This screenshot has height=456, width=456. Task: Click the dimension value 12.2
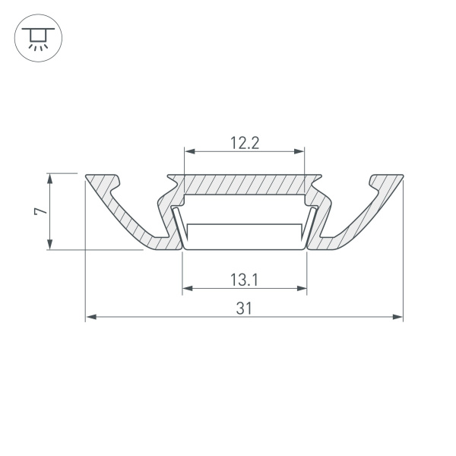coord(245,142)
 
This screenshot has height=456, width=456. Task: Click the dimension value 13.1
coord(245,279)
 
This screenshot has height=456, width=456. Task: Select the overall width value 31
coord(244,308)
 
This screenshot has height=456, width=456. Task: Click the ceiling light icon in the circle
coord(34,37)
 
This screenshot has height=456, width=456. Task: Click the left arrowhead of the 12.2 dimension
coord(188,151)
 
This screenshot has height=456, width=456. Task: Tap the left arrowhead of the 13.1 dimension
coord(187,289)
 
